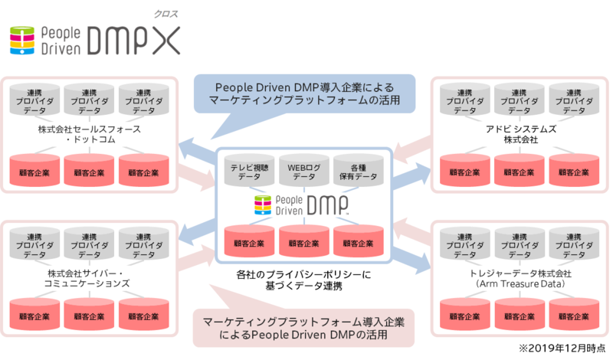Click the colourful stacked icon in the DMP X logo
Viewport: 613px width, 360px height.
[x=23, y=41]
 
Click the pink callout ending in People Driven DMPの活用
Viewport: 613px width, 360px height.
[x=306, y=326]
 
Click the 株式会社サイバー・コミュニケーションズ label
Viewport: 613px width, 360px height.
[x=90, y=278]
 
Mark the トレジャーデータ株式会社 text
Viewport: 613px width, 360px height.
[x=521, y=273]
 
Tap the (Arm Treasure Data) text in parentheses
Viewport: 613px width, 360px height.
[x=521, y=284]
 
